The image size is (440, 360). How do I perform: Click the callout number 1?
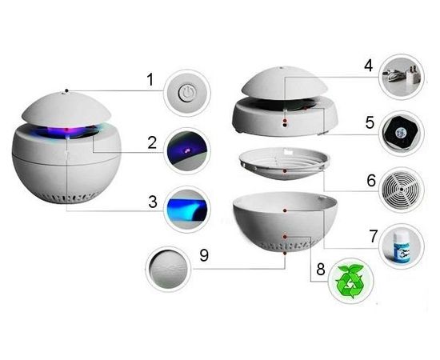(150, 80)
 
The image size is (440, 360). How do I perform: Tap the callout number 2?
(152, 143)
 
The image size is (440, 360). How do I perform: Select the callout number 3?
(153, 202)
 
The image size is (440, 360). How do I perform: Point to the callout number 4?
(369, 66)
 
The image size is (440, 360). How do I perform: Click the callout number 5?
(370, 123)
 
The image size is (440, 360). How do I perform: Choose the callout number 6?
(371, 181)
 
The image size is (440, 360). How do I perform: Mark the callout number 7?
(374, 236)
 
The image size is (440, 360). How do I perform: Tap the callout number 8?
(321, 269)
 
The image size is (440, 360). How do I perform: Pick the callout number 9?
(204, 255)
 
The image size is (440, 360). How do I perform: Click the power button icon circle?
(187, 92)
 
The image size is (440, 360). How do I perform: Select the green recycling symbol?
(350, 281)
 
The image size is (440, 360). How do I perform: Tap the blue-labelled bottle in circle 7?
(402, 247)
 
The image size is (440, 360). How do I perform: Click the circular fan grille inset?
(402, 190)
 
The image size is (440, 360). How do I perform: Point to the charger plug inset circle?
(402, 77)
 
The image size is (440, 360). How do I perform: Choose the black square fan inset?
(402, 134)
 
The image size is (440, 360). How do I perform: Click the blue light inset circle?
(187, 209)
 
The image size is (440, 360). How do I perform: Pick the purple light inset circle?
(187, 150)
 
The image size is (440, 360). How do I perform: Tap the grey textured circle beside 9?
(168, 269)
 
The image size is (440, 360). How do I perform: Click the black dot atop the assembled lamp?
(66, 90)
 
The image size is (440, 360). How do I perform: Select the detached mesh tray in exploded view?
(284, 163)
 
